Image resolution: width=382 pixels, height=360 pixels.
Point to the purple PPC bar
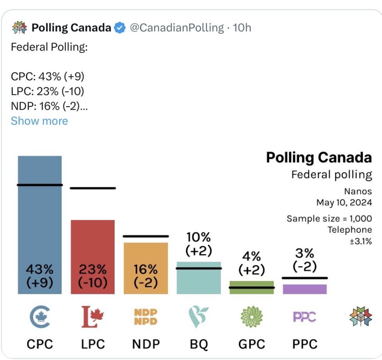pos(305,289)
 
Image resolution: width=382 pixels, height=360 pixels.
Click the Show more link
pos(39,121)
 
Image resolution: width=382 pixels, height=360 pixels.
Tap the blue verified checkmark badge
pos(119,28)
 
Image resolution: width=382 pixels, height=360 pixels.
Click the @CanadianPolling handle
pos(176,28)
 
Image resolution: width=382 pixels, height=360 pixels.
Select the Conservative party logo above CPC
pos(40,317)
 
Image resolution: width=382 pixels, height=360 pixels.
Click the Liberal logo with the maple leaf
pos(93,317)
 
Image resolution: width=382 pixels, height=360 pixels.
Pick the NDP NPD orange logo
pos(146,317)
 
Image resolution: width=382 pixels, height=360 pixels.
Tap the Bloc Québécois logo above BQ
pos(198,317)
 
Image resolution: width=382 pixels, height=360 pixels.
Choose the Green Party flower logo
pos(251,317)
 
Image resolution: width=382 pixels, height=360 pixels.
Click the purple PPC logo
pos(305,317)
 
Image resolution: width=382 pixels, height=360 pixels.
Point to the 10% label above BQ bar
pos(198,237)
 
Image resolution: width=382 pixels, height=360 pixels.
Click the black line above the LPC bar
pos(93,188)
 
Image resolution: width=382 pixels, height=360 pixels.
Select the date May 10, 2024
pos(344,203)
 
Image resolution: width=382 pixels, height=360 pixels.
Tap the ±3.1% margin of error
pos(360,241)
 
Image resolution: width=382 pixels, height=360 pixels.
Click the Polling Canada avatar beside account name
pos(20,28)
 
